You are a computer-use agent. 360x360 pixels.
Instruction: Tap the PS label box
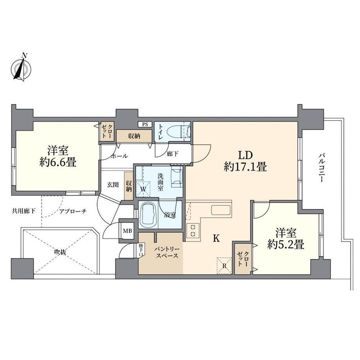click(x=145, y=124)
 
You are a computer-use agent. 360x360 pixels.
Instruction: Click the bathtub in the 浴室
click(x=148, y=214)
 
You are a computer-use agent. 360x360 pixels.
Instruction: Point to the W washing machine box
click(x=143, y=189)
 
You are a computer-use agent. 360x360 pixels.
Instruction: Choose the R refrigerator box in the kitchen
click(x=224, y=266)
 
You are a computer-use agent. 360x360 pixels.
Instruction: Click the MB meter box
click(x=128, y=231)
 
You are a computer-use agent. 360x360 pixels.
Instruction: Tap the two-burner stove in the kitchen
click(x=193, y=231)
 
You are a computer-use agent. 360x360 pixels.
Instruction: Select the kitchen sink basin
click(x=221, y=210)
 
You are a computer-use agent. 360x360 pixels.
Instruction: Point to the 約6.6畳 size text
click(x=58, y=162)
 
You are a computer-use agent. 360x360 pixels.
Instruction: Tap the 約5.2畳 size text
click(x=286, y=245)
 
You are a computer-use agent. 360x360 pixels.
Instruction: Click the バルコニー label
click(x=321, y=168)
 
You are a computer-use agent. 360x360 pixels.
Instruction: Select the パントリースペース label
click(x=167, y=252)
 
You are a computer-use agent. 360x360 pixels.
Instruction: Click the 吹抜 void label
click(x=60, y=252)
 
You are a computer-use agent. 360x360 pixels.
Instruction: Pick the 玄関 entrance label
click(x=113, y=184)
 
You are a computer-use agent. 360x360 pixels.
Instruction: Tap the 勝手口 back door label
click(x=141, y=250)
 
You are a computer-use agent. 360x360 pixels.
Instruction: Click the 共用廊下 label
click(x=23, y=211)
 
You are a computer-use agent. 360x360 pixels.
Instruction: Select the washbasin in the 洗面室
click(x=177, y=175)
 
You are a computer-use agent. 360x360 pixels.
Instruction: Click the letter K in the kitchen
click(x=216, y=238)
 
